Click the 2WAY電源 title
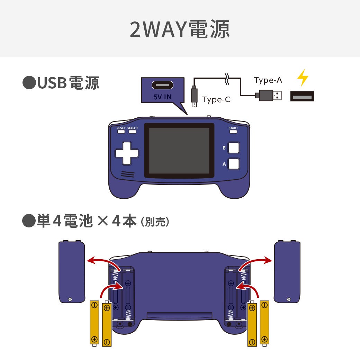[x=180, y=29]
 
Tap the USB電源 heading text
[x=68, y=83]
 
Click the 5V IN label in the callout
[x=163, y=97]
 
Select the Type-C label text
[x=216, y=100]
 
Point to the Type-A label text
[x=268, y=80]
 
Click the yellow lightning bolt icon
[x=303, y=78]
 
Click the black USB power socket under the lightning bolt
[x=302, y=96]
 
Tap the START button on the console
[x=233, y=132]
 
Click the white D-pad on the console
[x=127, y=153]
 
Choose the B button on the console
[x=234, y=148]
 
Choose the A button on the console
[x=234, y=164]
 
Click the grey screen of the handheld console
[x=179, y=151]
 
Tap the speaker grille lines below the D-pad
[x=128, y=174]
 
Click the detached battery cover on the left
[x=72, y=272]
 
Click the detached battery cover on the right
[x=287, y=272]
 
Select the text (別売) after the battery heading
[x=155, y=222]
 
